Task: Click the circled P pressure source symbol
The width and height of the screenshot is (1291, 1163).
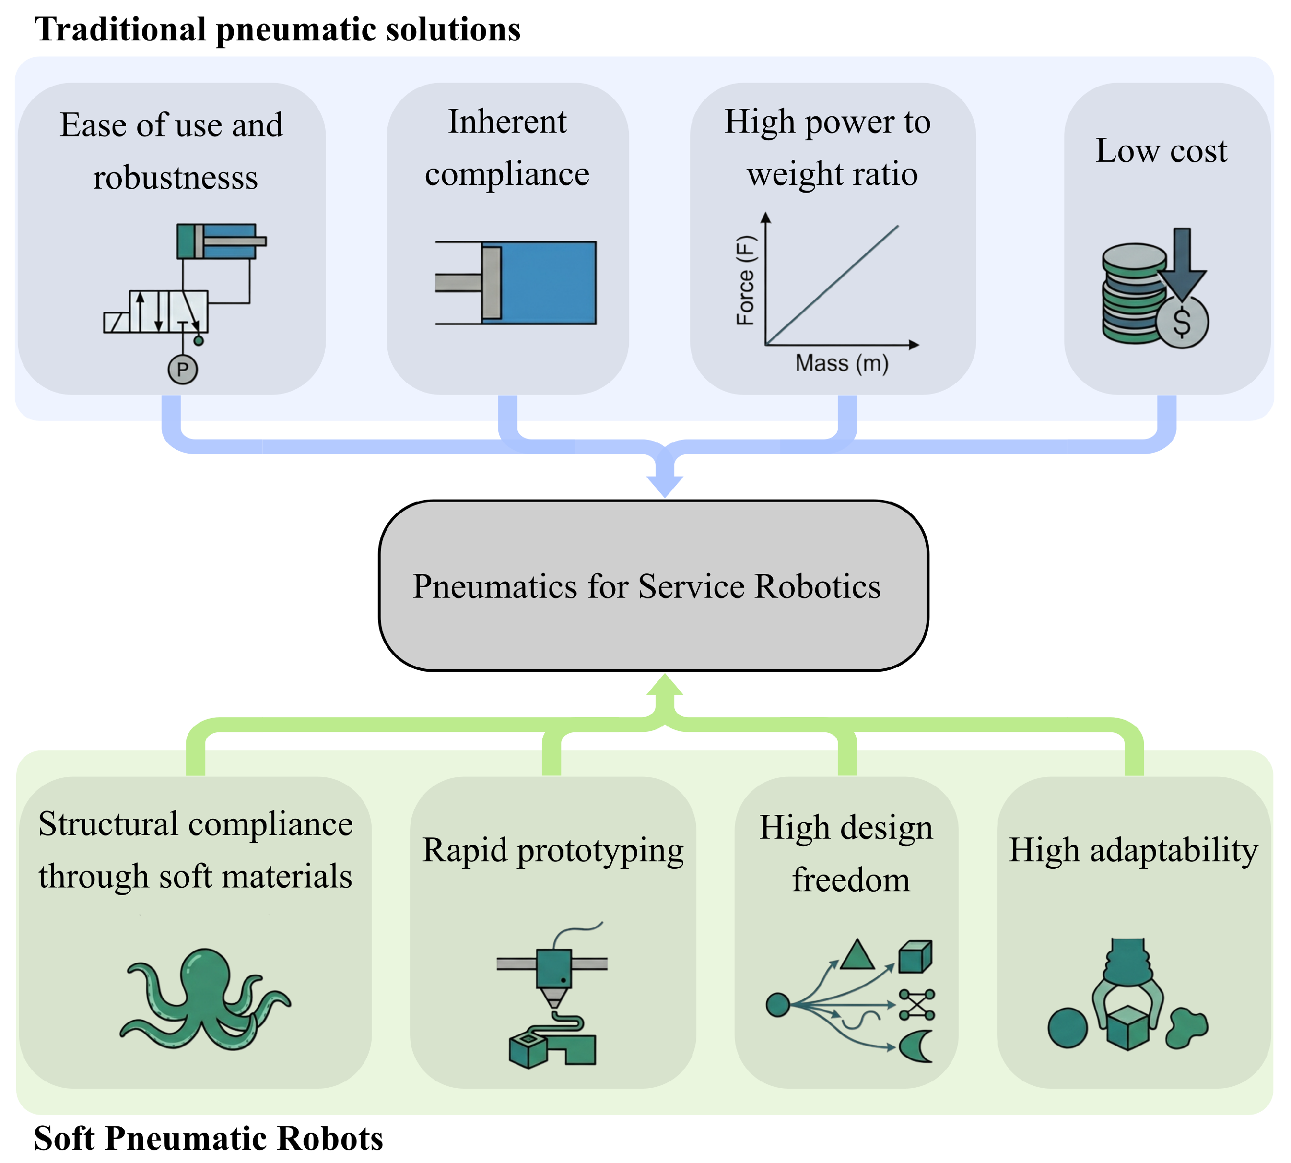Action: click(x=183, y=370)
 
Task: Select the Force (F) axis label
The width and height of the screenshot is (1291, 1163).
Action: click(x=746, y=281)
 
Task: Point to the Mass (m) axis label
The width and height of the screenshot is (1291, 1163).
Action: click(x=842, y=363)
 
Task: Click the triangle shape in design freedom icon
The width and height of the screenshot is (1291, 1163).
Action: click(x=857, y=955)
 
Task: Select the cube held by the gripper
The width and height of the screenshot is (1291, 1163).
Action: click(x=1128, y=1028)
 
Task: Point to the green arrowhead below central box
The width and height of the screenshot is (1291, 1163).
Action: click(x=665, y=684)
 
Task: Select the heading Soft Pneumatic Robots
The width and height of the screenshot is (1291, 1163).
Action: click(x=208, y=1139)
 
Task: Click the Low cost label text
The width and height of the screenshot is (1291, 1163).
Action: click(x=1161, y=151)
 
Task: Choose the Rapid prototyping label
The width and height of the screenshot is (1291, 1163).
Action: click(x=553, y=851)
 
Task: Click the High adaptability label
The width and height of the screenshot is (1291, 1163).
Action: click(x=1133, y=851)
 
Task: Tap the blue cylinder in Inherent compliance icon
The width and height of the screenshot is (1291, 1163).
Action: click(x=539, y=283)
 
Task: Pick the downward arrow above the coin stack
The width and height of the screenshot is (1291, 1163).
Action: click(x=1182, y=263)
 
